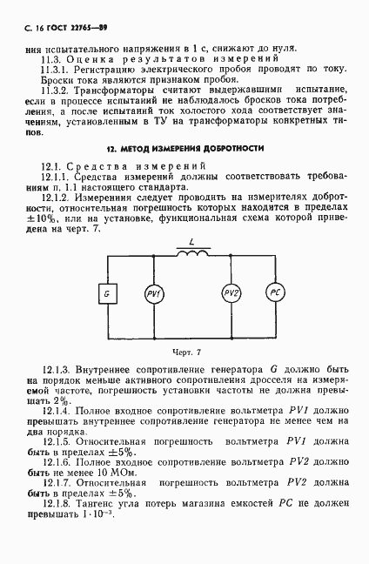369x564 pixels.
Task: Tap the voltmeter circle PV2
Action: click(x=231, y=293)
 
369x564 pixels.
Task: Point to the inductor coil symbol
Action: click(x=193, y=254)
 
